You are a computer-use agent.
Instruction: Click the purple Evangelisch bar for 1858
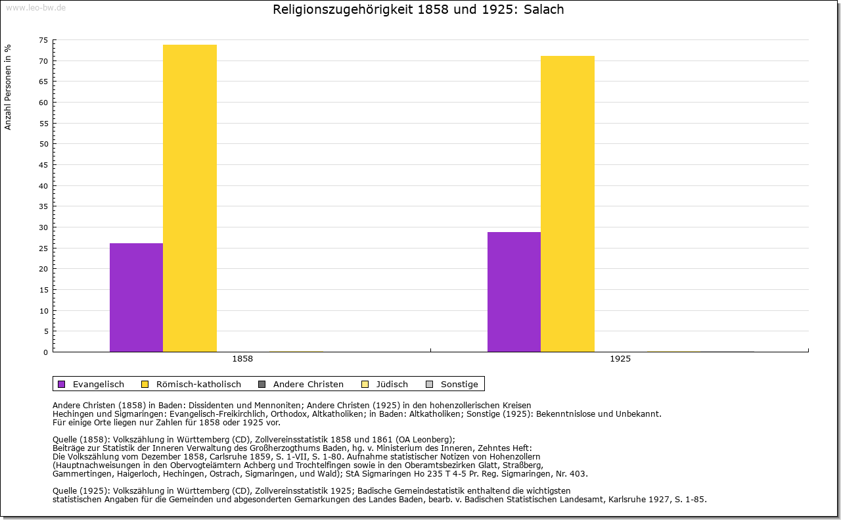pos(136,298)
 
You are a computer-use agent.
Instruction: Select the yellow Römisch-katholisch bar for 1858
pos(190,199)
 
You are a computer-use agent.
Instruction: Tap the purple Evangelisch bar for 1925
pos(514,292)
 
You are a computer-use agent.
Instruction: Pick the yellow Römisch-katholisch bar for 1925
pos(568,204)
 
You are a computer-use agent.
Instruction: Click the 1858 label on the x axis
pos(242,359)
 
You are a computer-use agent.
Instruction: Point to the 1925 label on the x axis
pos(620,359)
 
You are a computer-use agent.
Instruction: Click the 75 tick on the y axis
pos(43,40)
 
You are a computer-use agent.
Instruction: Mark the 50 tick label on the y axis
pos(43,144)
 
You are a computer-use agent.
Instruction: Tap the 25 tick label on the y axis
pos(43,248)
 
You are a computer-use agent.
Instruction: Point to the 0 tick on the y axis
pos(46,352)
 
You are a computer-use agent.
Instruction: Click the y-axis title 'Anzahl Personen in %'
pos(8,87)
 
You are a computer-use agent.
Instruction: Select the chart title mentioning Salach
pos(419,9)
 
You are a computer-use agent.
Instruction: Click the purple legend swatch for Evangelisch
pos(62,385)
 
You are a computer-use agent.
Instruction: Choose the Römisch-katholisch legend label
pos(198,385)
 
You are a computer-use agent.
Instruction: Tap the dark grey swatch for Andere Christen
pos(261,385)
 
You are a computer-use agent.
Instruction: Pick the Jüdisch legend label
pos(392,385)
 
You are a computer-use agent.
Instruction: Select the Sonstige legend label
pos(459,385)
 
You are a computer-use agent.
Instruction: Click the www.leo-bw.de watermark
pos(35,8)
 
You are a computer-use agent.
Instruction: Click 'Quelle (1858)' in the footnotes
pos(81,440)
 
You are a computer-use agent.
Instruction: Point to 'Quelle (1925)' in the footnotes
pos(81,491)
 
